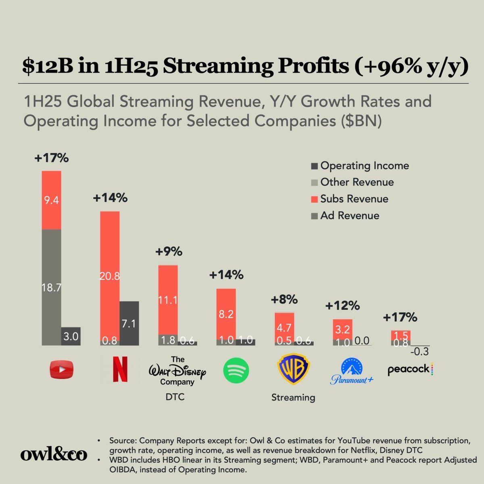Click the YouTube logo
62,370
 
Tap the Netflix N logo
120,370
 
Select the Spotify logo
236,370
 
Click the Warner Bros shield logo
293,369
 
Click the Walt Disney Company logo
177,371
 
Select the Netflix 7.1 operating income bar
129,323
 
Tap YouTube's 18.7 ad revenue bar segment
52,287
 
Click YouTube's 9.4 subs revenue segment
52,200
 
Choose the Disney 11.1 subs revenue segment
168,300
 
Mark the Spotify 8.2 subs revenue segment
226,314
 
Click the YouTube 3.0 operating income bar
71,336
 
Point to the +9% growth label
169,252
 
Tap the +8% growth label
284,300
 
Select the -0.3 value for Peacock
419,352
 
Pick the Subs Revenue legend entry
350,199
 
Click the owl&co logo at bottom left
54,454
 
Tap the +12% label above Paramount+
342,306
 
